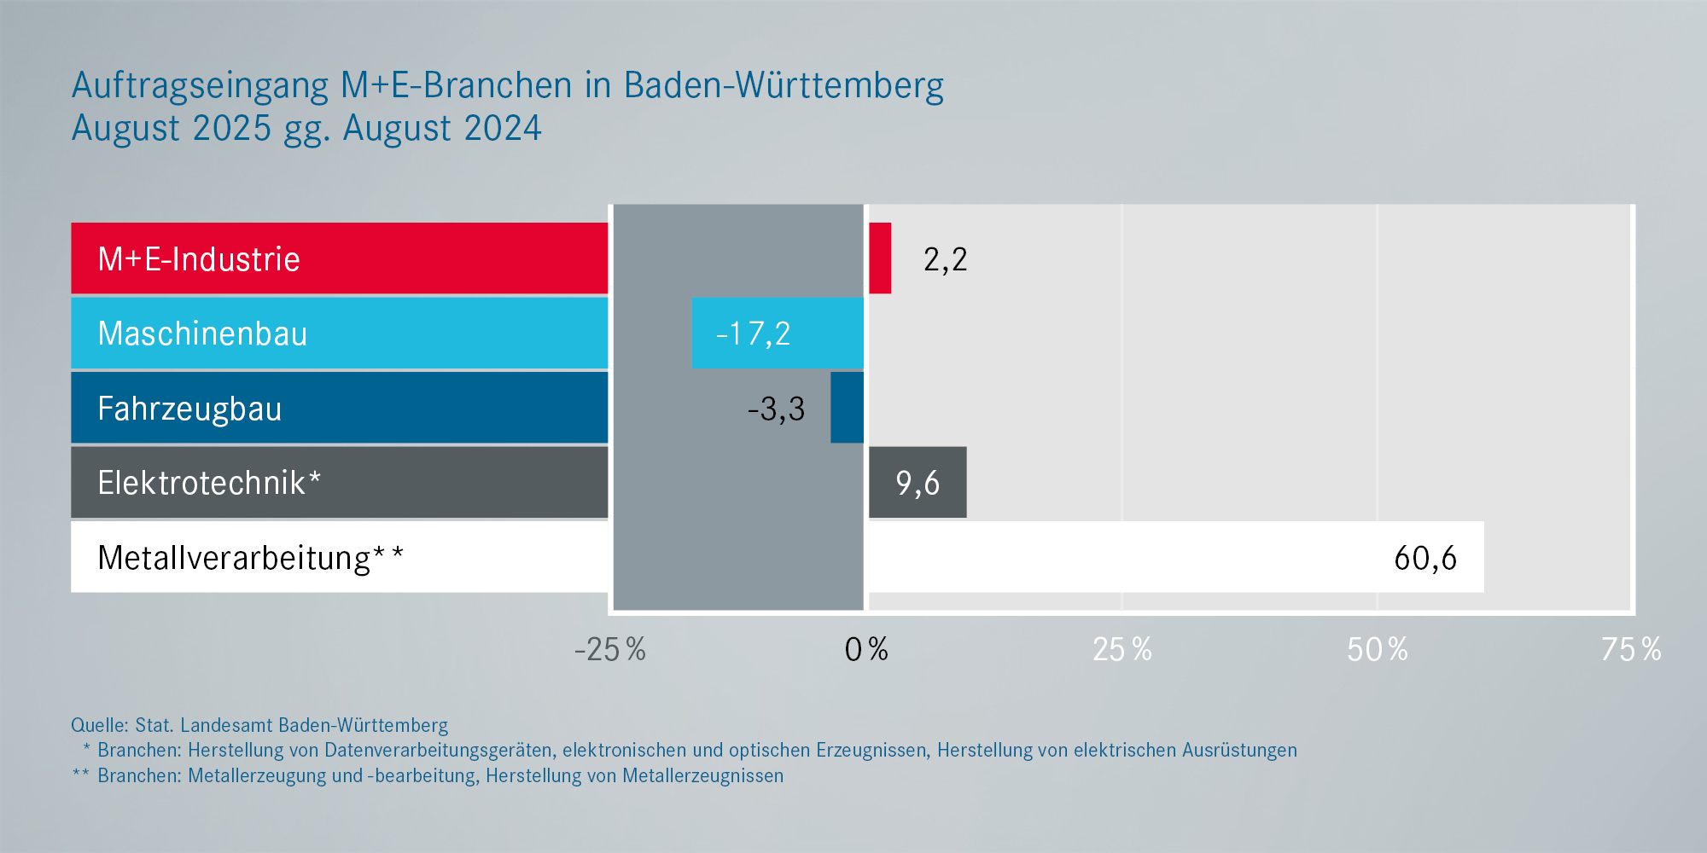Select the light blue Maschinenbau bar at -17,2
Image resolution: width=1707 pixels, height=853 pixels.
tap(778, 333)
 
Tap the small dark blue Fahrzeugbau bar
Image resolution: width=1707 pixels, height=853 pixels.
tap(847, 408)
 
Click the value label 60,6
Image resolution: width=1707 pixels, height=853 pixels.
tap(1424, 559)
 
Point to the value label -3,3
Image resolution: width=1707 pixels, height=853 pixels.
tap(776, 409)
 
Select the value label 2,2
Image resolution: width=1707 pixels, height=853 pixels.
tap(945, 259)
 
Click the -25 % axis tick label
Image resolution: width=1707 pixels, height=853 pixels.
tap(609, 650)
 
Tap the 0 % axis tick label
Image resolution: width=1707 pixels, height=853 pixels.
tap(865, 650)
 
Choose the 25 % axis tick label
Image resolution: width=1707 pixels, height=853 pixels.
tap(1121, 650)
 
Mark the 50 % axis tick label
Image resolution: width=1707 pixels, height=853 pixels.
tap(1377, 650)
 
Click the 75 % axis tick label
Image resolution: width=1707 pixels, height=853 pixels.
tap(1631, 650)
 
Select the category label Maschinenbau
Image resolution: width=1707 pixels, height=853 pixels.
tap(202, 334)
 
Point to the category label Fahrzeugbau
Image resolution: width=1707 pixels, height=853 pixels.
tap(189, 409)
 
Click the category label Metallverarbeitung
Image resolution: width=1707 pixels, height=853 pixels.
tap(234, 558)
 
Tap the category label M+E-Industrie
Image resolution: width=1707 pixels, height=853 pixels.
tap(199, 259)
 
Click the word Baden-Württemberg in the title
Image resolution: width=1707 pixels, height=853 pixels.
tap(784, 86)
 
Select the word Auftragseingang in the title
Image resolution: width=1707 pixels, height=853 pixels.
tap(200, 86)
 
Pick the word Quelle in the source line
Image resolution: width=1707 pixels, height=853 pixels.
tap(99, 725)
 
